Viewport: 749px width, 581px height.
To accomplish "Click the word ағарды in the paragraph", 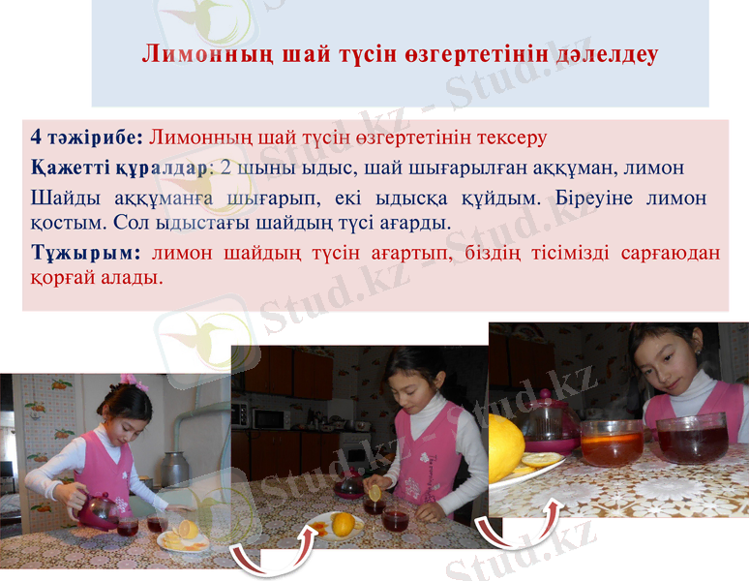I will click(414, 223).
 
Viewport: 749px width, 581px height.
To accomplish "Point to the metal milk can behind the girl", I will click(176, 470).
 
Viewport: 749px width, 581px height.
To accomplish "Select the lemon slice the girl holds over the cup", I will click(374, 493).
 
